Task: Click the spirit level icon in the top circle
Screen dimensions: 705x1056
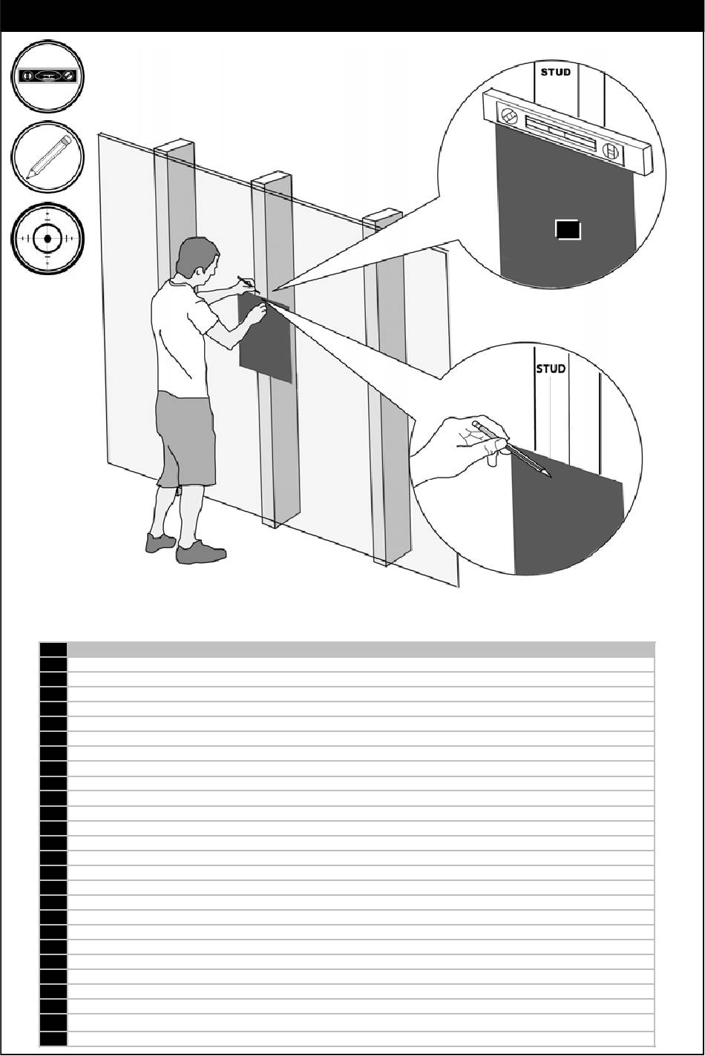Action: (x=47, y=76)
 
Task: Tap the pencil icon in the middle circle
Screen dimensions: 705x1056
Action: (x=48, y=156)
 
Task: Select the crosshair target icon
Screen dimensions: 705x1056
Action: (x=47, y=239)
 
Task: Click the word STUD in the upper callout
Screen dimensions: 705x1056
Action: (x=555, y=72)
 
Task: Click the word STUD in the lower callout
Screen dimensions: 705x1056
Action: (x=551, y=369)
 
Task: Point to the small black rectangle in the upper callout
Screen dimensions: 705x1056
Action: (x=568, y=230)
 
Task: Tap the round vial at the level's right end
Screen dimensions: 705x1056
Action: (x=610, y=151)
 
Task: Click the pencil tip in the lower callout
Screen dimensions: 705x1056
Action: (x=550, y=477)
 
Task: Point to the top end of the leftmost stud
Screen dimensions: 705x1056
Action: (x=174, y=145)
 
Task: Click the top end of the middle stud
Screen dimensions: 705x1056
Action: (x=272, y=179)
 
